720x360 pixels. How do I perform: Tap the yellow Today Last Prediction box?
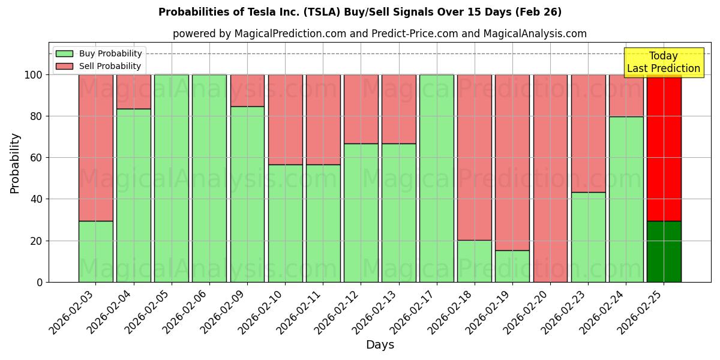[663, 62]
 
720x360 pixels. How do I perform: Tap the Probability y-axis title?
[15, 163]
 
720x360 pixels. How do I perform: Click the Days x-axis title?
[380, 344]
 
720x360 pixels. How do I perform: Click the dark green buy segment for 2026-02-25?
[664, 251]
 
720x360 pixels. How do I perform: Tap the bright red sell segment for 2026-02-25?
[664, 148]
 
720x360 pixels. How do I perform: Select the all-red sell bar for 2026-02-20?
[550, 178]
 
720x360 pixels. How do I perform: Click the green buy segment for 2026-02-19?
[512, 266]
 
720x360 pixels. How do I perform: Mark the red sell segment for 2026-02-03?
[96, 148]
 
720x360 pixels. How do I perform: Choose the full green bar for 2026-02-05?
[172, 178]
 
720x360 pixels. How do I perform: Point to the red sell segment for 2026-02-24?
[626, 95]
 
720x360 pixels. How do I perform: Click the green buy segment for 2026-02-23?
[588, 237]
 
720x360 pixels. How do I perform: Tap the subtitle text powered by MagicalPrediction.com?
[379, 34]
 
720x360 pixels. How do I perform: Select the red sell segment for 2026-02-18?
[475, 157]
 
